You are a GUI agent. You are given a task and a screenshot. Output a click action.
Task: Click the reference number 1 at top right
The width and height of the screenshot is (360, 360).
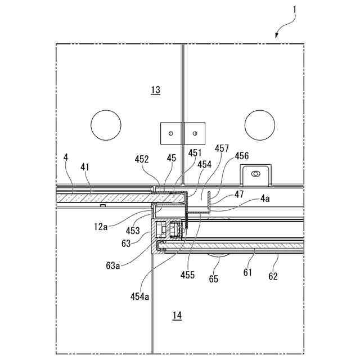click(x=296, y=10)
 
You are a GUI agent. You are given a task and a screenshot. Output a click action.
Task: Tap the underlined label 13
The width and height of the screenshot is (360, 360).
click(x=156, y=89)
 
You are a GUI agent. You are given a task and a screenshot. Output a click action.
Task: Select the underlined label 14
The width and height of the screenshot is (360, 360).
click(x=177, y=316)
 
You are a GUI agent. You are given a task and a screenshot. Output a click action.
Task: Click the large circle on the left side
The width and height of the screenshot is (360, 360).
click(x=106, y=125)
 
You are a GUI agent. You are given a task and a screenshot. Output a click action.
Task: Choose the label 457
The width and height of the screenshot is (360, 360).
click(x=222, y=148)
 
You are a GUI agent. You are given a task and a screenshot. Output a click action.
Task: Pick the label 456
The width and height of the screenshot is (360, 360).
click(x=241, y=156)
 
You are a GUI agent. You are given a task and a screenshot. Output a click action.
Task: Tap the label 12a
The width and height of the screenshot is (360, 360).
click(x=101, y=226)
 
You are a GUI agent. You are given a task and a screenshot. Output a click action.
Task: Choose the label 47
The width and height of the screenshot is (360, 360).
click(x=239, y=193)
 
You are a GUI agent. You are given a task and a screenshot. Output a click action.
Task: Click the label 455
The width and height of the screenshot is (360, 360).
click(x=188, y=275)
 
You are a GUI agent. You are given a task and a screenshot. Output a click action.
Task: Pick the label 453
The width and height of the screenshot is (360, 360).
click(x=133, y=230)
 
